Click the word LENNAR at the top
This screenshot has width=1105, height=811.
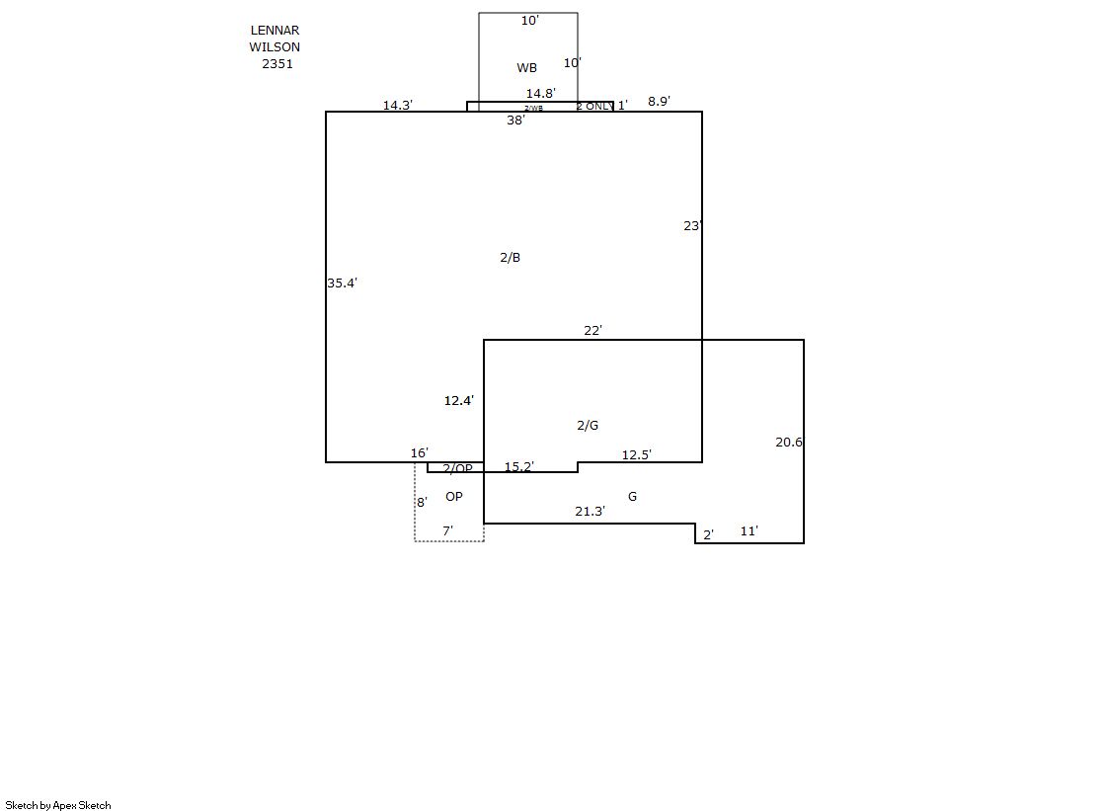pyautogui.click(x=275, y=31)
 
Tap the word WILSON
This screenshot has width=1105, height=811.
pyautogui.click(x=275, y=46)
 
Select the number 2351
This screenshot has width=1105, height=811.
pyautogui.click(x=277, y=63)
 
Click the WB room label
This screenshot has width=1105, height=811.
pyautogui.click(x=527, y=68)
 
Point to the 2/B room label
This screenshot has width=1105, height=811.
pyautogui.click(x=510, y=258)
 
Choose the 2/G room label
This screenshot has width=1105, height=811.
pyautogui.click(x=588, y=426)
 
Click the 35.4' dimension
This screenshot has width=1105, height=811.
pyautogui.click(x=342, y=284)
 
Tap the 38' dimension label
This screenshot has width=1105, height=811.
pyautogui.click(x=515, y=121)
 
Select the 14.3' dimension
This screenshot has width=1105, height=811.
pyautogui.click(x=398, y=105)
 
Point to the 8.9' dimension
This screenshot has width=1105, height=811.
pyautogui.click(x=659, y=101)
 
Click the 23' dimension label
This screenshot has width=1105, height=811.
pyautogui.click(x=692, y=226)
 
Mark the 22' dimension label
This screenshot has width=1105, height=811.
pyautogui.click(x=592, y=331)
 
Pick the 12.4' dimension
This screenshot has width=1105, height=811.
pyautogui.click(x=458, y=401)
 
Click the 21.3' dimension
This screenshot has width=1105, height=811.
pyautogui.click(x=590, y=512)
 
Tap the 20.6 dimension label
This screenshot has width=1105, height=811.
pyautogui.click(x=788, y=443)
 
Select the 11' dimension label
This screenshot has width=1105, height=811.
pyautogui.click(x=749, y=531)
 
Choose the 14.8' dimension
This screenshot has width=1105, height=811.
pyautogui.click(x=540, y=94)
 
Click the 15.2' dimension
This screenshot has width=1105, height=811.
pyautogui.click(x=519, y=467)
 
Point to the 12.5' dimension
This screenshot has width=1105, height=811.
pyautogui.click(x=636, y=455)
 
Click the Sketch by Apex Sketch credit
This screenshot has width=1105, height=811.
pyautogui.click(x=58, y=805)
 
